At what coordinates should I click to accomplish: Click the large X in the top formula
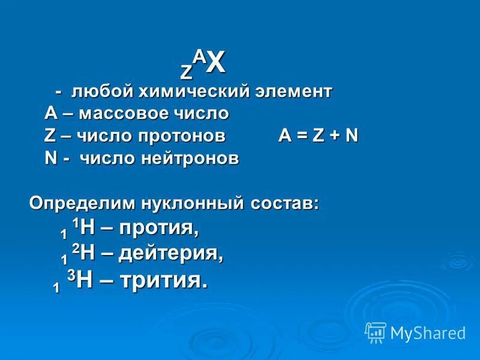click(217, 64)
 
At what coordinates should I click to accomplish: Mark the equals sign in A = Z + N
click(301, 136)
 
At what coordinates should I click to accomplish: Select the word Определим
click(82, 203)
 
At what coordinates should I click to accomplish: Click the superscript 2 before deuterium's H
click(75, 247)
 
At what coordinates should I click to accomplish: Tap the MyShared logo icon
click(376, 332)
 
